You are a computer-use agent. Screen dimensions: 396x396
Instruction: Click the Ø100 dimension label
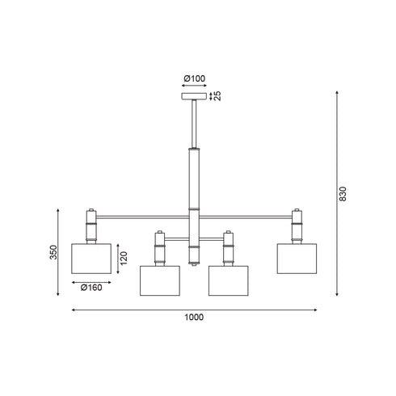[x=194, y=78]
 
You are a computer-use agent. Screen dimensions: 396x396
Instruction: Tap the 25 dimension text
[x=217, y=96]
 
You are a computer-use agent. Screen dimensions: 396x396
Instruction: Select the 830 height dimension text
[x=343, y=194]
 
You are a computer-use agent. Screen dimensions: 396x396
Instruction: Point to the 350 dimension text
[x=53, y=252]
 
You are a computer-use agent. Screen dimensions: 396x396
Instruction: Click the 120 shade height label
[x=124, y=258]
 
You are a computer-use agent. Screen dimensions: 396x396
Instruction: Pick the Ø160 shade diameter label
[x=91, y=288]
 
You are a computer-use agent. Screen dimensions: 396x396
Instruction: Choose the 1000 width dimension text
[x=194, y=318]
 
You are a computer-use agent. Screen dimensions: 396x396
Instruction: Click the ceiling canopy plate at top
[x=194, y=96]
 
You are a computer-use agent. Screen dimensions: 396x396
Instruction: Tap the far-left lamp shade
[x=91, y=259]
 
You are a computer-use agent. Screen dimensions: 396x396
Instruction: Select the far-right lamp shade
[x=297, y=259]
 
